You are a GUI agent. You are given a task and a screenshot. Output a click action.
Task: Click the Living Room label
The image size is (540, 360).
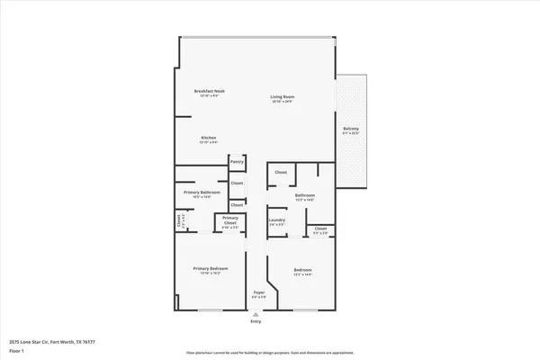(283, 96)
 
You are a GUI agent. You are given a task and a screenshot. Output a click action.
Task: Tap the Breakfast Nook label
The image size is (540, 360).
(210, 91)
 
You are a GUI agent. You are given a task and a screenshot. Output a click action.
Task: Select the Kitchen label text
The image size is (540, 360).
(208, 138)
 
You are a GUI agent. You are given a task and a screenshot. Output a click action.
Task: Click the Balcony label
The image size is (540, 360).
(351, 129)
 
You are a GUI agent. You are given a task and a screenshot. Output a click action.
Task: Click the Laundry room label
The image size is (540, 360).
(276, 220)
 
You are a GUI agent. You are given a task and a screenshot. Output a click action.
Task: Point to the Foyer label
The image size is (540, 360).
(258, 292)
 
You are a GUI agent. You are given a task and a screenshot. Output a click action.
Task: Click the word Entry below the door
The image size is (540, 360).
(256, 321)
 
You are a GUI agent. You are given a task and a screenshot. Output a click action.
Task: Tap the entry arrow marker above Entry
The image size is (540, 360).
(256, 313)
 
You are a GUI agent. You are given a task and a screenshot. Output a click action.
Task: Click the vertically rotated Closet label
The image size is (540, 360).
(180, 220)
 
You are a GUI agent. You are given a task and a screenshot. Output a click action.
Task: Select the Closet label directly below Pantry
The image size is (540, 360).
(237, 183)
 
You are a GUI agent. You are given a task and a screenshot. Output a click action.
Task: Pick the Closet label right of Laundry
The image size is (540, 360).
(320, 229)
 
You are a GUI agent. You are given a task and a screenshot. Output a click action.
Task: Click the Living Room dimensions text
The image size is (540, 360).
(283, 102)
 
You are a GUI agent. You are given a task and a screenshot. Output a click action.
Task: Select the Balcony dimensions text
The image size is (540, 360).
(351, 134)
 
